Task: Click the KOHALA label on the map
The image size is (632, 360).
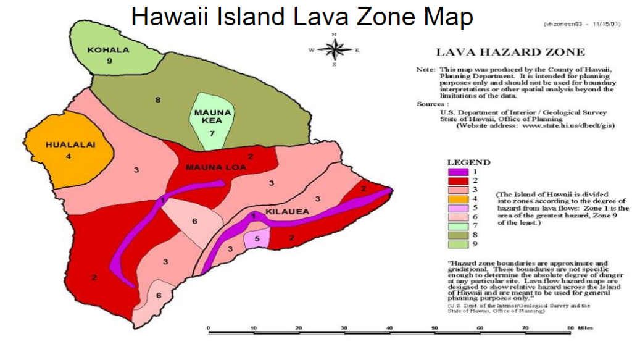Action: (x=109, y=50)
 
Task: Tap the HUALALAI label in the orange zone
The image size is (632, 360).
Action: (x=69, y=145)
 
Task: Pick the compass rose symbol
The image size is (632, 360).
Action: (x=334, y=49)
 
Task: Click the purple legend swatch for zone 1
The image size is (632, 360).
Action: (x=459, y=172)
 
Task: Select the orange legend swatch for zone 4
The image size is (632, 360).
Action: (x=459, y=199)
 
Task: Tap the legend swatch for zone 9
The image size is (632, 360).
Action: (x=459, y=245)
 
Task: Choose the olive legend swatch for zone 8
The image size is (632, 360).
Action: (x=459, y=235)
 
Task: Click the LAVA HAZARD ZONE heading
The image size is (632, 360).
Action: (x=510, y=52)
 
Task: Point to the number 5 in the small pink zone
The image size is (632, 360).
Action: (x=257, y=238)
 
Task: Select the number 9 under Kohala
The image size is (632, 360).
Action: (x=109, y=61)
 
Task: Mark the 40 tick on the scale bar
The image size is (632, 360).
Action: (x=389, y=328)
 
